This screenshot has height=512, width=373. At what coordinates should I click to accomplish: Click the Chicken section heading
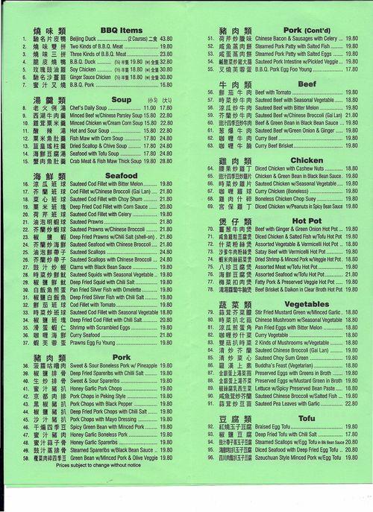[306, 160]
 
